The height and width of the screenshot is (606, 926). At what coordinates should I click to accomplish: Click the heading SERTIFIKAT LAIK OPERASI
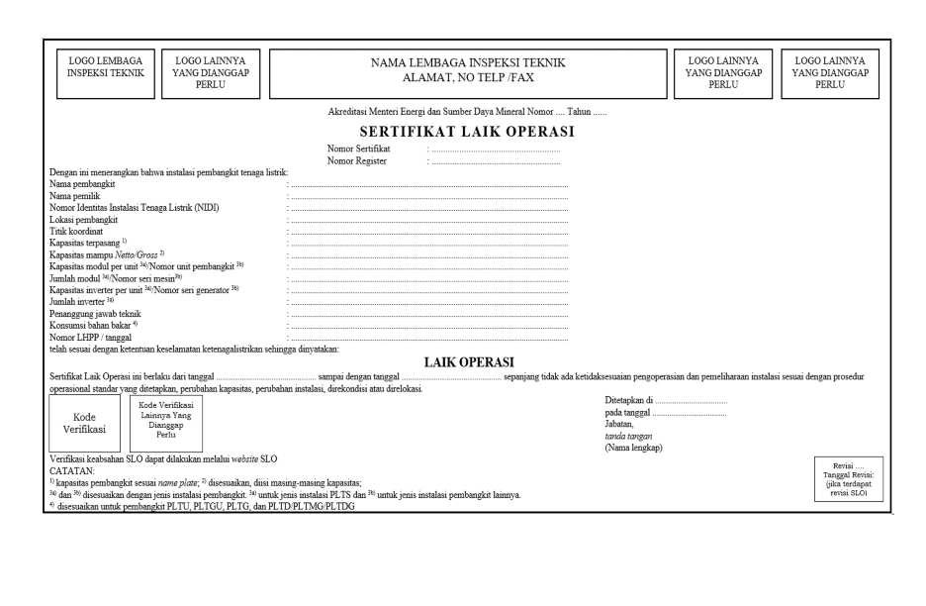(468, 131)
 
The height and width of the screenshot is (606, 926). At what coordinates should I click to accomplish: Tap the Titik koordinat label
(76, 231)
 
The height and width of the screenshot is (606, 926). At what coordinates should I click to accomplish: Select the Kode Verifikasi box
(84, 424)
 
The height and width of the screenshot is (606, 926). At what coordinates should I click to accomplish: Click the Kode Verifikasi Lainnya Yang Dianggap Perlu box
(165, 424)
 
